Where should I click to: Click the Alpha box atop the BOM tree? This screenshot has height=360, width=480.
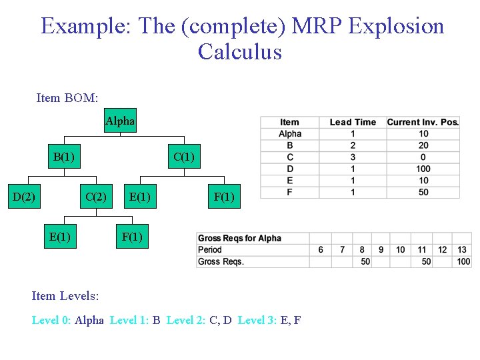(120, 121)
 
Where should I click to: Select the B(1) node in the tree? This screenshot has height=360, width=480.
(63, 157)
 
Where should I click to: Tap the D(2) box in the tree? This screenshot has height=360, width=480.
(24, 196)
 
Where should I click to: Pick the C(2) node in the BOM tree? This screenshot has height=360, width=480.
(96, 196)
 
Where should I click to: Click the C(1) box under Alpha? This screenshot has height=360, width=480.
(183, 157)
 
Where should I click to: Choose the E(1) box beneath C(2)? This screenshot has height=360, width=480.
(60, 236)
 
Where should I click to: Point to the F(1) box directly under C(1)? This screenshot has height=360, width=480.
(224, 196)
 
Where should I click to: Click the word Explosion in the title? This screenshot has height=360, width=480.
(396, 26)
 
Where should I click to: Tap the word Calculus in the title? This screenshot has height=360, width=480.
(239, 51)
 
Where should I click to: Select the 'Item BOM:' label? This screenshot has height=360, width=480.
(67, 98)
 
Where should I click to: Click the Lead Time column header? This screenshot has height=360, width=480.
(353, 122)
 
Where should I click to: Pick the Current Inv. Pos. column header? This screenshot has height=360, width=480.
(423, 122)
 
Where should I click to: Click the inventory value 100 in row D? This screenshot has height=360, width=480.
(423, 169)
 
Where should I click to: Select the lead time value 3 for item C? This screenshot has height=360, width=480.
(353, 157)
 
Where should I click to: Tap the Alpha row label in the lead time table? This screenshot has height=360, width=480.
(290, 133)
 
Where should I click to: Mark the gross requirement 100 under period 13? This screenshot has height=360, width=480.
(463, 261)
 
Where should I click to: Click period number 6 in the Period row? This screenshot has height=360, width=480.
(321, 250)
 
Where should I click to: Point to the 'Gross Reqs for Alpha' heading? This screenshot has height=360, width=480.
(239, 238)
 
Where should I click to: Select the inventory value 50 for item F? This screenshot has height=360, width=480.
(423, 192)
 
